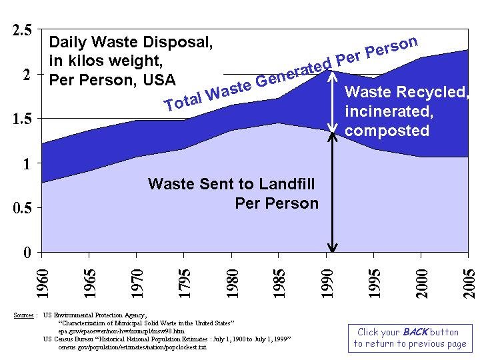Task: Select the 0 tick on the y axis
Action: click(x=27, y=253)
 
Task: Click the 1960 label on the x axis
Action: click(x=42, y=283)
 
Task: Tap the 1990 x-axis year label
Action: click(x=327, y=283)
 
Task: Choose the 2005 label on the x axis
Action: click(x=469, y=283)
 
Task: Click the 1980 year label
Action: click(x=231, y=283)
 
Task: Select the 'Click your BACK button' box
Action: click(x=410, y=337)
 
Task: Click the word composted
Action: click(x=387, y=131)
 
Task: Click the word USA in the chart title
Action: click(x=160, y=79)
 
